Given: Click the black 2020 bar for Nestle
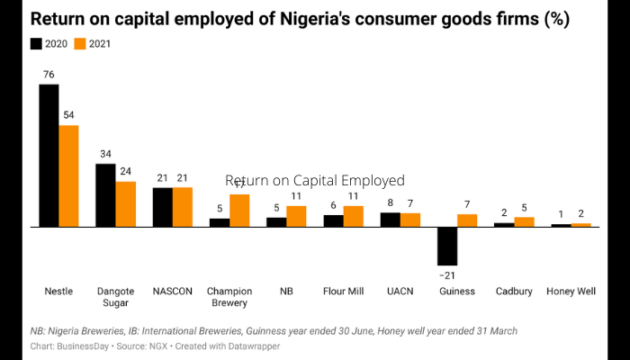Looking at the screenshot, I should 49,155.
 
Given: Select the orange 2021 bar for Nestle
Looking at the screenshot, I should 69,175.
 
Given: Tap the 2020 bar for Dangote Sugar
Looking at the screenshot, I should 105,194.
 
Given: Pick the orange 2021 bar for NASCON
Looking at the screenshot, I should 183,206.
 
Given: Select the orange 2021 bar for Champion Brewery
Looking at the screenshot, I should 239,210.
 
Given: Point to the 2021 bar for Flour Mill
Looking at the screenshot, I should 354,216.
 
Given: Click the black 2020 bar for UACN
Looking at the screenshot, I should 391,219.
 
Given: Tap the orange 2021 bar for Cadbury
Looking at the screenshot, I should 525,221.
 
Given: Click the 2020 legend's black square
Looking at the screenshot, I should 36,43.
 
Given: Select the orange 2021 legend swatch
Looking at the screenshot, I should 79,43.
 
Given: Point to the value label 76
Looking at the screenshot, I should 49,75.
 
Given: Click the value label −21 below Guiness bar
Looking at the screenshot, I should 446,274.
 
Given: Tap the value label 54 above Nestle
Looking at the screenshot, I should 69,115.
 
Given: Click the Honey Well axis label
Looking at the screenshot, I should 571,292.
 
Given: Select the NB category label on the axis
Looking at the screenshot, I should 286,292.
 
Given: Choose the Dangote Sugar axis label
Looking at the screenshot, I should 115,297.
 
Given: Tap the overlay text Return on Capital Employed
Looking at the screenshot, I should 315,180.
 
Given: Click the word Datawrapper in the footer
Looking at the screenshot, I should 251,346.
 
